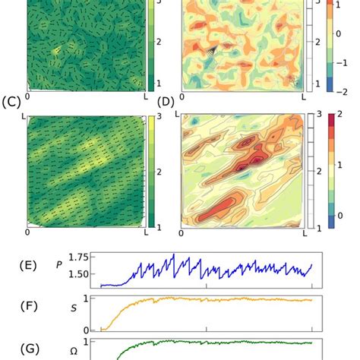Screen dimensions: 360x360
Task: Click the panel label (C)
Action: coord(11,101)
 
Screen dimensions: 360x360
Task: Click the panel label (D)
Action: coord(166,101)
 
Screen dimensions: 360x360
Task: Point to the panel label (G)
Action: coord(30,350)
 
